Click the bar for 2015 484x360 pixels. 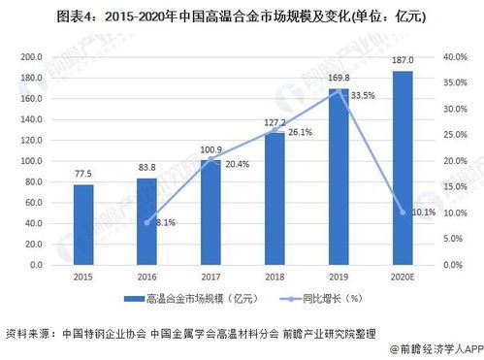point(83,224)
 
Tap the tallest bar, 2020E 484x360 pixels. point(402,167)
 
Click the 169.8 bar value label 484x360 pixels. point(338,80)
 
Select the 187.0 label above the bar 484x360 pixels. point(402,61)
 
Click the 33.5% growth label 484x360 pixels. point(363,95)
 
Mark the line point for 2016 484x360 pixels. point(147,222)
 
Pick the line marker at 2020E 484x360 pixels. point(402,212)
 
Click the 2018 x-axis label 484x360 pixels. point(274,276)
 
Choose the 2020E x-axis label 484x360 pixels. point(402,276)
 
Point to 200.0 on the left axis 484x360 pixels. point(33,57)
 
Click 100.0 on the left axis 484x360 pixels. point(33,160)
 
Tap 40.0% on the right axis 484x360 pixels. point(456,57)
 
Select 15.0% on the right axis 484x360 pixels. point(456,186)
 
